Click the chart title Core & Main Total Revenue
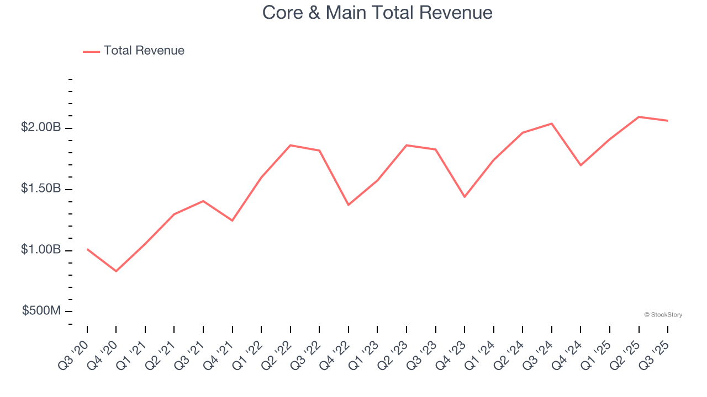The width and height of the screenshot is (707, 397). [377, 12]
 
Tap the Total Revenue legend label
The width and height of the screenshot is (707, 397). [144, 51]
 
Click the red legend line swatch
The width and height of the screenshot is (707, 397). [91, 51]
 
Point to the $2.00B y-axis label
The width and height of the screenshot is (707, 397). [41, 127]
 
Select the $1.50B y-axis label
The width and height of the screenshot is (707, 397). [41, 189]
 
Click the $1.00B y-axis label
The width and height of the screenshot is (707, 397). [41, 250]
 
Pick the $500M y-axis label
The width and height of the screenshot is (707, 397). [41, 311]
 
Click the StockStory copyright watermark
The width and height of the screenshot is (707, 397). [663, 315]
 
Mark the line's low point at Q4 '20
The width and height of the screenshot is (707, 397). [116, 271]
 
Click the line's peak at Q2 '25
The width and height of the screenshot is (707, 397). [639, 117]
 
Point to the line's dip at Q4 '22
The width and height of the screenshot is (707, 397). [349, 205]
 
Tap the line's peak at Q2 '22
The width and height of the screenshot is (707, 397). [291, 145]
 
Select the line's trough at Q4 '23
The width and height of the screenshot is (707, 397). [465, 197]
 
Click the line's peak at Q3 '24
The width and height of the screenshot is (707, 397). [552, 124]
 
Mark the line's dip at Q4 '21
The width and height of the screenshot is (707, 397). [233, 221]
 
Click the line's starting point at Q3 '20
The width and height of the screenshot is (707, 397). [87, 249]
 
